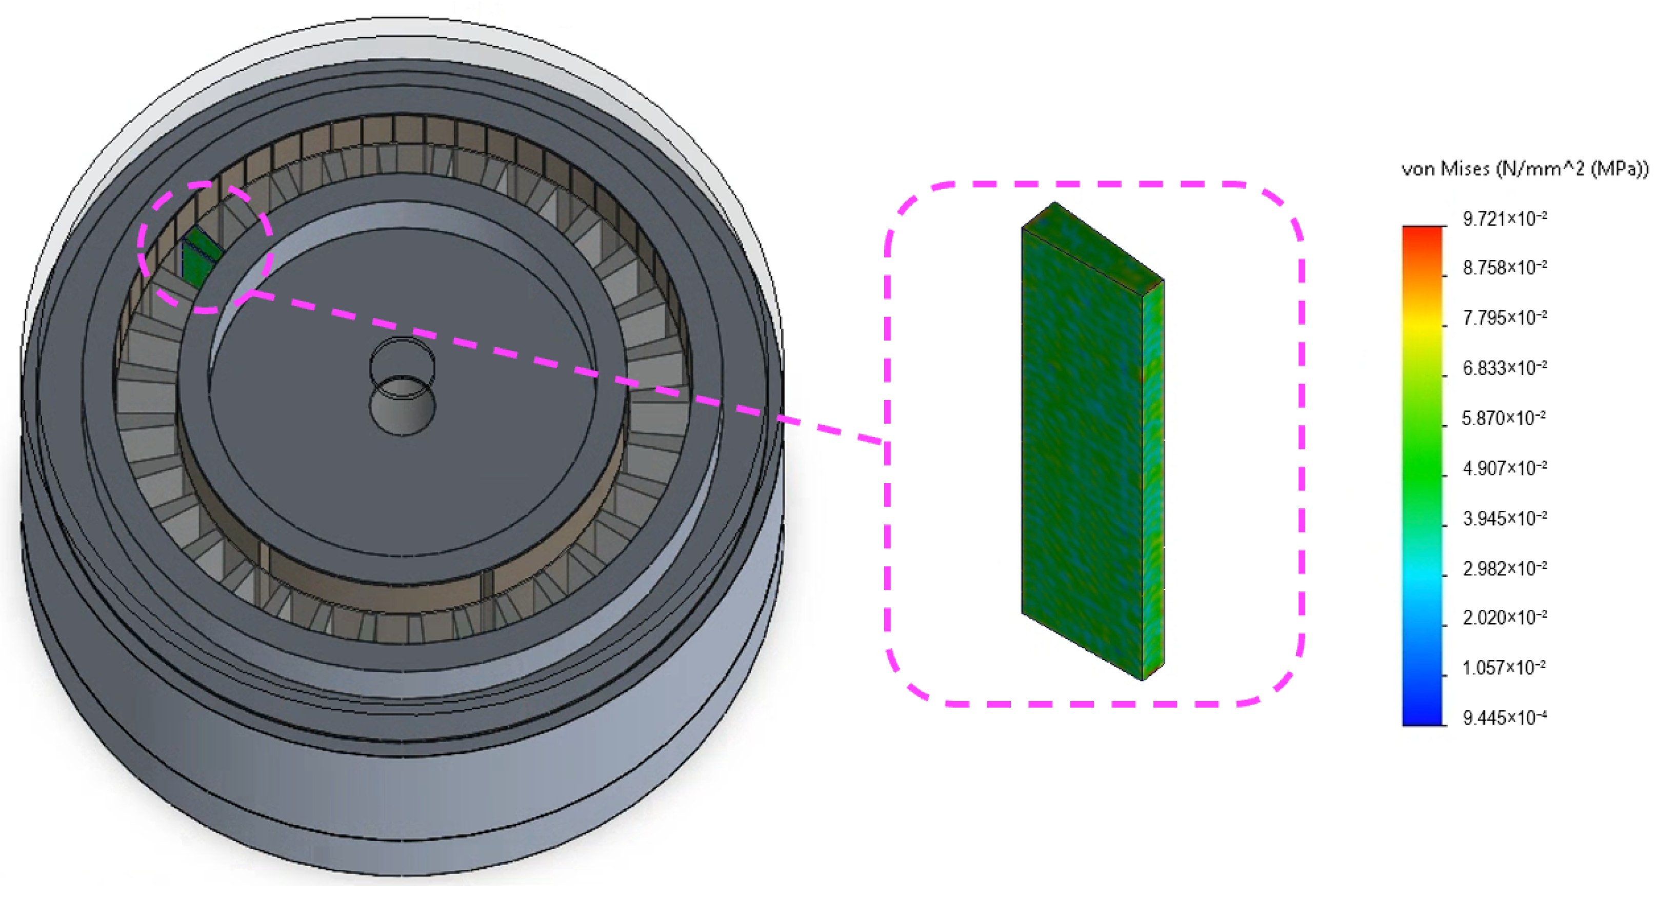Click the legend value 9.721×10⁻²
[x=1505, y=219]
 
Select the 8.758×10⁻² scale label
[x=1505, y=268]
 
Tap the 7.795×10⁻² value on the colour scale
[x=1505, y=318]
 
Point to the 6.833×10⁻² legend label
[x=1505, y=368]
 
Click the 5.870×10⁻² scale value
[x=1504, y=418]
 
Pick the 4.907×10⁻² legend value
[x=1505, y=468]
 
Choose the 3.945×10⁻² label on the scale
[x=1505, y=518]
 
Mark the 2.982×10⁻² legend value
[x=1505, y=568]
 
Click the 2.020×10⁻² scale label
[x=1505, y=618]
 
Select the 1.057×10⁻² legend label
[x=1504, y=668]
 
